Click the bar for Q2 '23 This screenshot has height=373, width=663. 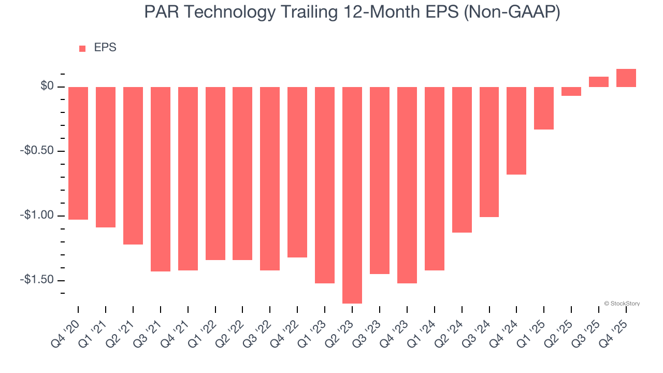352,195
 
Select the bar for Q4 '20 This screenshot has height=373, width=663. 78,153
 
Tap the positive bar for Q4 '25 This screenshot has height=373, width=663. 626,78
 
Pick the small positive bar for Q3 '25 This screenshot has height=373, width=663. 599,82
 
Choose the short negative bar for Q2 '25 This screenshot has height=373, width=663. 571,91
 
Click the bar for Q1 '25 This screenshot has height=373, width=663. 544,108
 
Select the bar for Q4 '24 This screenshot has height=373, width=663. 516,131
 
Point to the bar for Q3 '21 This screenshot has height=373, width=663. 161,179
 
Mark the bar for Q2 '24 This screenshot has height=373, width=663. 462,160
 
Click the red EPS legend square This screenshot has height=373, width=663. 82,49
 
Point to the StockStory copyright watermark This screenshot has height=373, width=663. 622,304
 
